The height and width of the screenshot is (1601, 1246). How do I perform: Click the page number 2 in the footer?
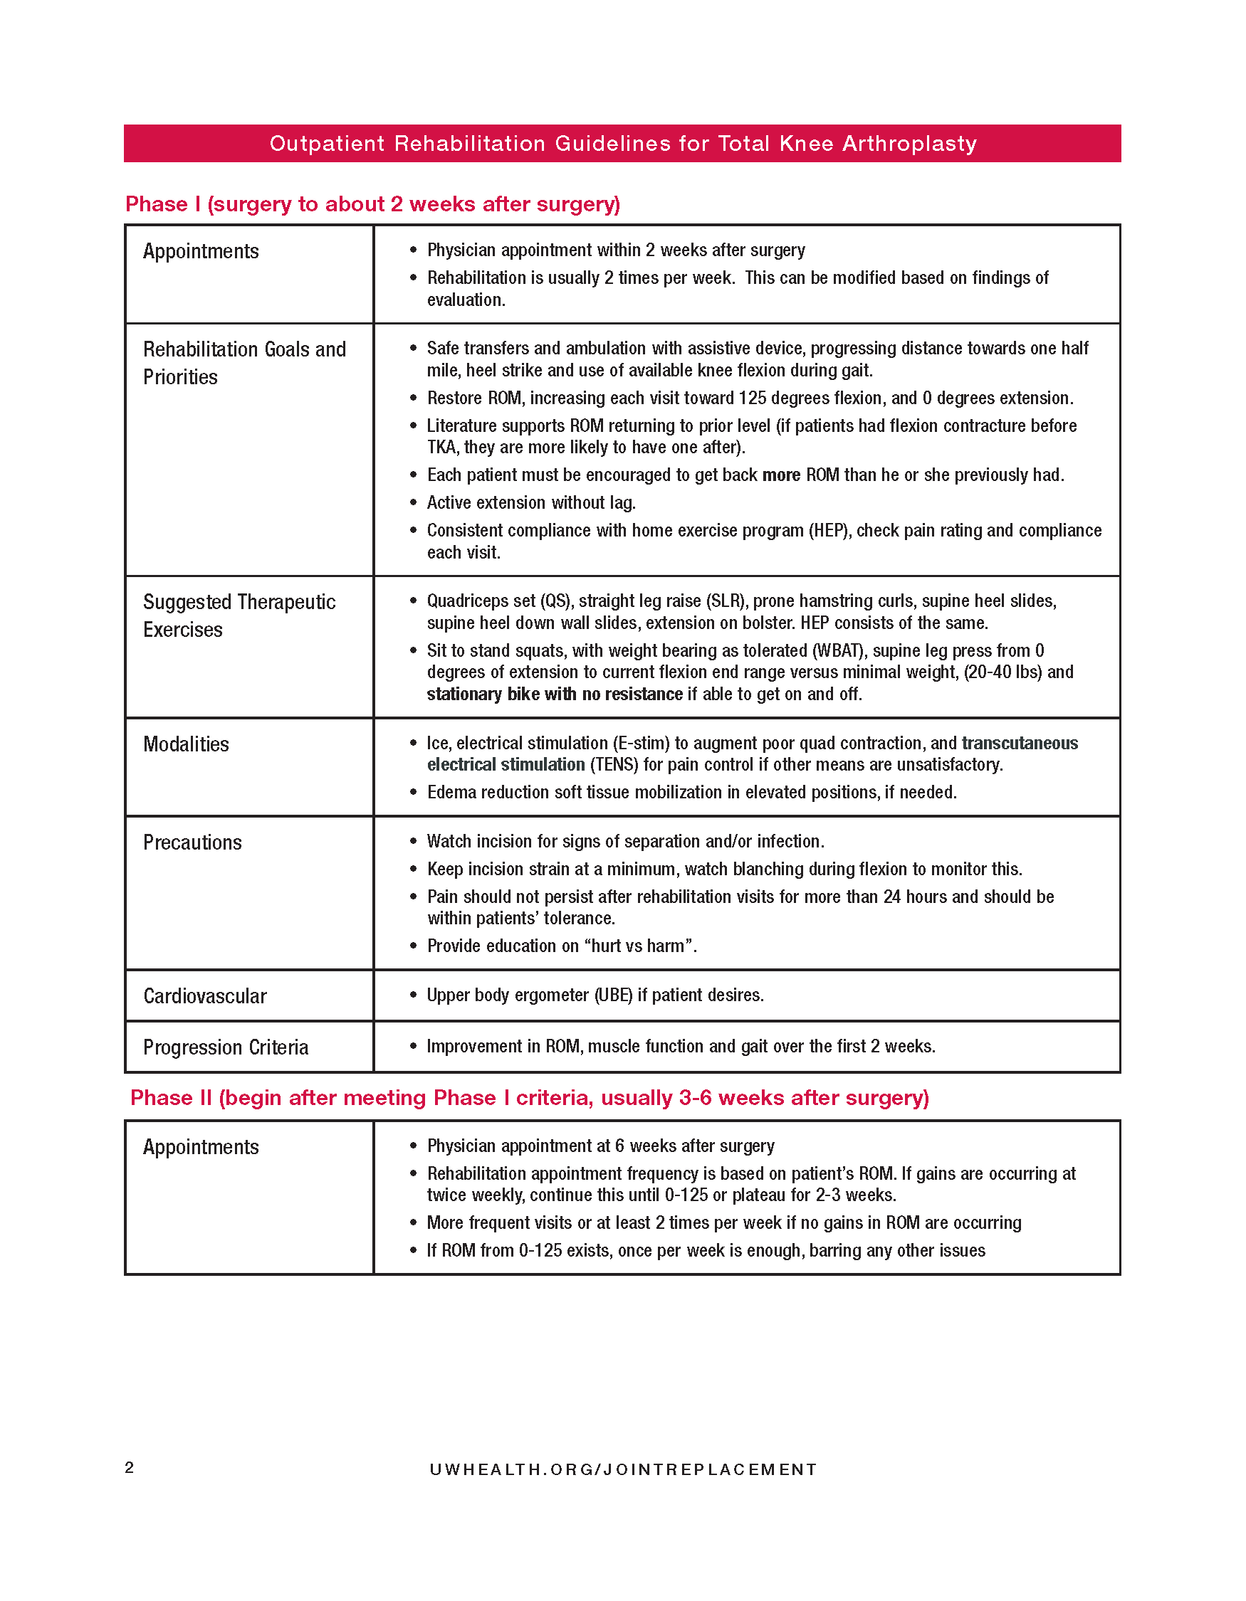(129, 1467)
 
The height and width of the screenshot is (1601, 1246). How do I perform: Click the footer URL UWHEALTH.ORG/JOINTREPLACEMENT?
(622, 1469)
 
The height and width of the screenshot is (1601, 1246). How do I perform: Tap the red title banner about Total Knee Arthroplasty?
(622, 143)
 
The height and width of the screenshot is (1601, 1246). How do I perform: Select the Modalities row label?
(187, 744)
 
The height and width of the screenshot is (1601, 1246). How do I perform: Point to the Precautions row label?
(192, 842)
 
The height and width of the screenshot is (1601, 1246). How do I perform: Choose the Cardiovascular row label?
(204, 996)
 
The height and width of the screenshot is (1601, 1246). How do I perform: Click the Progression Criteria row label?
(225, 1047)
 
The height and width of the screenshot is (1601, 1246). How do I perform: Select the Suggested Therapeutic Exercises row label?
(239, 615)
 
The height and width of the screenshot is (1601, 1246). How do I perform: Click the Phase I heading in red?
(372, 204)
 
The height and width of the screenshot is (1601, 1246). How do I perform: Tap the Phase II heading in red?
(530, 1097)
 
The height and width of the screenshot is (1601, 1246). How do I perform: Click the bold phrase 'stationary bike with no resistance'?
(555, 694)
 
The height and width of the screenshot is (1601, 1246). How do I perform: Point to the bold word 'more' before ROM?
(781, 475)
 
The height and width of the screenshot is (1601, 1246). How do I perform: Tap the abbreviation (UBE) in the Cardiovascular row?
(612, 995)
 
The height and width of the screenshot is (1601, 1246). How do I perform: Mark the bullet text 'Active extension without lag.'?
(531, 503)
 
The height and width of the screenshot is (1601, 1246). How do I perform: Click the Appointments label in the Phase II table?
(201, 1147)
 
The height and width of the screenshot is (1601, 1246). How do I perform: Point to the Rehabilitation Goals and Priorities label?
(244, 363)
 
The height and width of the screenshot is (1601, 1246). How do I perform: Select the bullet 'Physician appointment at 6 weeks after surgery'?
(601, 1146)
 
